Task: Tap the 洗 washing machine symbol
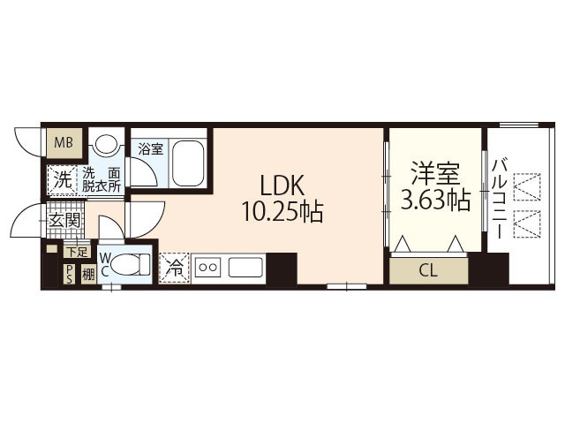[x=62, y=178]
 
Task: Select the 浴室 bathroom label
[x=150, y=149]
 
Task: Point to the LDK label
[x=282, y=185]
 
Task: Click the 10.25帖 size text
[x=282, y=212]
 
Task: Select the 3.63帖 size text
[x=434, y=201]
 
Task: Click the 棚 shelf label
[x=87, y=275]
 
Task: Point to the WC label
[x=105, y=264]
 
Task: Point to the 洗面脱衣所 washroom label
[x=102, y=179]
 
